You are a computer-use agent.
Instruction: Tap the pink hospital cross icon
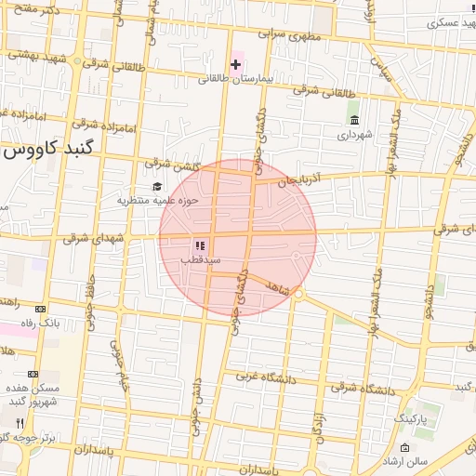235,64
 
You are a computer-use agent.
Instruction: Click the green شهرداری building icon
354,118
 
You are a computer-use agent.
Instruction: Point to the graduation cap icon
156,187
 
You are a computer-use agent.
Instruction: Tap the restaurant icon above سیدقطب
200,245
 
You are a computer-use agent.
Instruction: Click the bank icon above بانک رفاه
40,309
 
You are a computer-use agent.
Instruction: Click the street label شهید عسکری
437,23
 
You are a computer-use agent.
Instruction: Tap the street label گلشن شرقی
169,164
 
